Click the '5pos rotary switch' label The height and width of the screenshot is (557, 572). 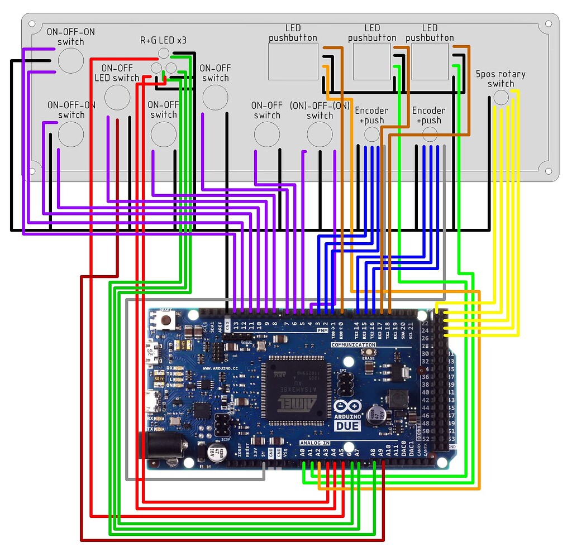(500, 79)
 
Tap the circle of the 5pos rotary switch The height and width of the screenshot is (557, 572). (502, 97)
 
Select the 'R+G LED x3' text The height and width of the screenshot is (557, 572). (163, 41)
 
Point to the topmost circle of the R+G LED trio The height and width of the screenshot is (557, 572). (164, 53)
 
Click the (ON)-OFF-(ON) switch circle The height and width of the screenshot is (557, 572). (320, 134)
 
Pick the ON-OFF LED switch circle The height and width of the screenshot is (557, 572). (117, 97)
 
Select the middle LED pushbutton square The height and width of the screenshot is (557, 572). (372, 61)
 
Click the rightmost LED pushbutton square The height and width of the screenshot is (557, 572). (430, 61)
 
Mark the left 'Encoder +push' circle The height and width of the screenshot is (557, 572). (372, 134)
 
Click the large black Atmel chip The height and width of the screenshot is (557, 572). (293, 389)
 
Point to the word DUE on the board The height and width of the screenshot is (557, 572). (347, 426)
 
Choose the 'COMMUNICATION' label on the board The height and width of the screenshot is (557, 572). (353, 345)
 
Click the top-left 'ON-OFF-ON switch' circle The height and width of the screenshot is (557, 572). (71, 60)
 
